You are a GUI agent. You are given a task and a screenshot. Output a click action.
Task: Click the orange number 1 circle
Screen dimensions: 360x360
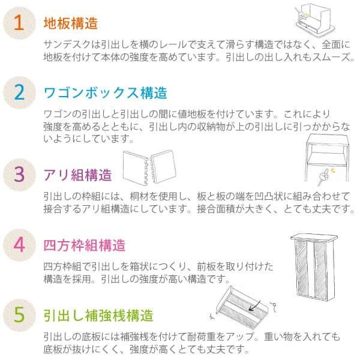19,23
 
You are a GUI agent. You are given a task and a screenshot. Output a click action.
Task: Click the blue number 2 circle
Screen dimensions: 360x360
19,93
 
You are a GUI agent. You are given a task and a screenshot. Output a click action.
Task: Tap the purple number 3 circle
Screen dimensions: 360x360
19,175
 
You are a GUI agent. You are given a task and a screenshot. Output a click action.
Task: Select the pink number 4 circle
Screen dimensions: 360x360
19,245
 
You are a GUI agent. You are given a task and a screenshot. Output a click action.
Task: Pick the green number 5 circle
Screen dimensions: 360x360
19,315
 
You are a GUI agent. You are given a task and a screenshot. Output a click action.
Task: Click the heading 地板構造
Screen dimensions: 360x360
71,23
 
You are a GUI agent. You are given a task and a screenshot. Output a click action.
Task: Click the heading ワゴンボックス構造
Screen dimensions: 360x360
106,93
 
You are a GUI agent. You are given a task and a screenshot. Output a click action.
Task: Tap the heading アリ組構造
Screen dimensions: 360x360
77,175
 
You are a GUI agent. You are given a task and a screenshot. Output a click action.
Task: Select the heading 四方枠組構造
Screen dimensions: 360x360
84,245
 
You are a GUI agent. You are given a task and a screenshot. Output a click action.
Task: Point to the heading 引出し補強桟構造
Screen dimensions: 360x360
98,315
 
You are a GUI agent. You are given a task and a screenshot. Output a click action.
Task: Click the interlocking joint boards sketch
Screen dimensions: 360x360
149,167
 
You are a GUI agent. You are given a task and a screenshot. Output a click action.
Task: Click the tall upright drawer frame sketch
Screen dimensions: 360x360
314,268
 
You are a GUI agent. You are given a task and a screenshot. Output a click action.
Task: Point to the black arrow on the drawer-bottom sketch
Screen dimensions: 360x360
255,306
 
